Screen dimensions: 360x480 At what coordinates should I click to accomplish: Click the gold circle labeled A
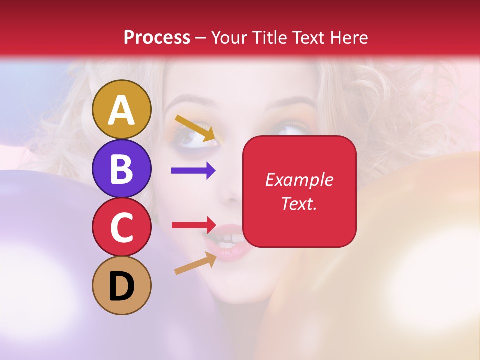[122, 109]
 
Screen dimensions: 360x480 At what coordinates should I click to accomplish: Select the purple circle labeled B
[122, 168]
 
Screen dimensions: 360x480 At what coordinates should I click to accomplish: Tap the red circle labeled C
[122, 227]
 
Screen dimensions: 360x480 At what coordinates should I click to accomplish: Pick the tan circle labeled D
[122, 285]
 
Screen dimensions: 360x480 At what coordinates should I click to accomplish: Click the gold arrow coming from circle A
[194, 127]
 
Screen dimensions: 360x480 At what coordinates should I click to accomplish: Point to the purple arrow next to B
[193, 171]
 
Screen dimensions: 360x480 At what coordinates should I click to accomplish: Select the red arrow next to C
[193, 224]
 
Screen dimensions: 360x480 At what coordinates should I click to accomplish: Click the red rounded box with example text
[299, 191]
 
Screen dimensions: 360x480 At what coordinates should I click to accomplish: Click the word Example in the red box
[299, 180]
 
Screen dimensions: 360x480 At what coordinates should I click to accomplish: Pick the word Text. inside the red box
[299, 203]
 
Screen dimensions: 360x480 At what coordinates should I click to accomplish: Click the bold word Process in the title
[157, 37]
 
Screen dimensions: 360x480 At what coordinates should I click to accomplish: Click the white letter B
[122, 169]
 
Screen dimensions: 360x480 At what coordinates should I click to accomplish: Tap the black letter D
[122, 286]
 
